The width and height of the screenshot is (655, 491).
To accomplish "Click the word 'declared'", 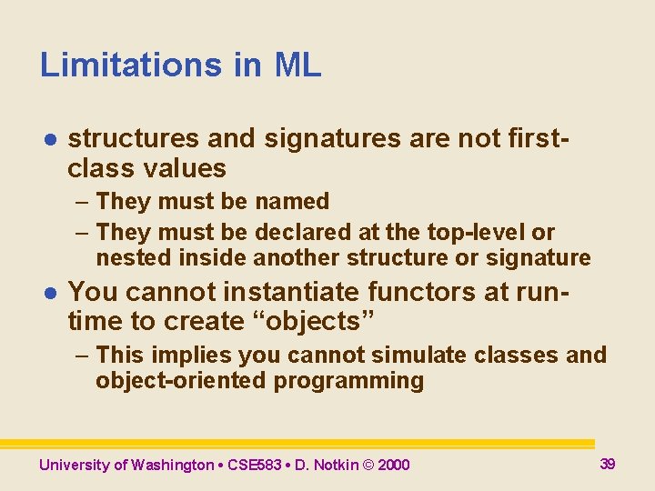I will pos(300,233).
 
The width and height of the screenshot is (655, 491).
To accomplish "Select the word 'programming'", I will pos(348,381).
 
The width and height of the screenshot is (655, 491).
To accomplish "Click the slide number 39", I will pos(608,464).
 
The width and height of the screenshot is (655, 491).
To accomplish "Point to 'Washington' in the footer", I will pos(172,466).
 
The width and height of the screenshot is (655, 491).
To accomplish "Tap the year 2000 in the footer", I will pos(393,466).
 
